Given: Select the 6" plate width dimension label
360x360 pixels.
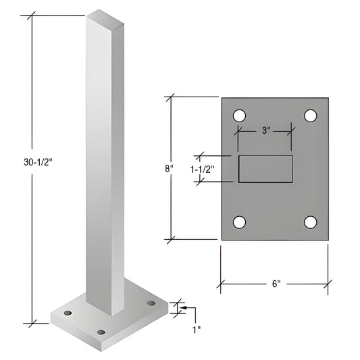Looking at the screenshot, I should [274, 284].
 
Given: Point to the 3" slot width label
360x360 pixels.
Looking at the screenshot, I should [265, 131].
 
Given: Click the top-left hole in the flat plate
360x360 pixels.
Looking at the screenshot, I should [239, 115].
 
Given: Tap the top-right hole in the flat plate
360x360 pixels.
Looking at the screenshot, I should [310, 115].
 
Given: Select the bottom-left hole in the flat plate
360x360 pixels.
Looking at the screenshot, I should [239, 222].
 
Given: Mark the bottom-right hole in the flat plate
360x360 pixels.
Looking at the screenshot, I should [310, 222].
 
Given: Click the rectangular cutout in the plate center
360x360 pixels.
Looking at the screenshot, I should [265, 169].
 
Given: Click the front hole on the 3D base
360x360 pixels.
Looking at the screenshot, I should [101, 332].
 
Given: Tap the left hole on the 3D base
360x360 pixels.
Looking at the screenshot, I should [68, 314].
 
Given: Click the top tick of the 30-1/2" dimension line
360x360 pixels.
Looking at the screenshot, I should [30, 15].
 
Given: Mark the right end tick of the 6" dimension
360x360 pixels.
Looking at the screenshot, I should [328, 284].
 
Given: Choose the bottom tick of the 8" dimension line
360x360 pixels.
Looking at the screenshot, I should [170, 239].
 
